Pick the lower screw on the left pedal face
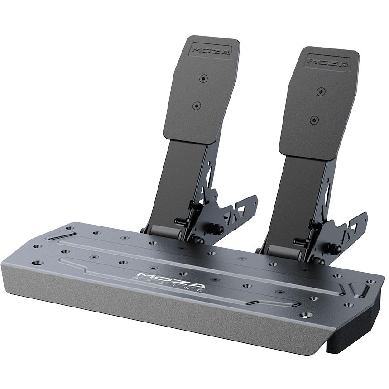[196, 106]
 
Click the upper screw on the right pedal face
[321, 91]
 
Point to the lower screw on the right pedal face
[314, 120]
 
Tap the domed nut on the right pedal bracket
[335, 249]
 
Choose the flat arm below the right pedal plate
[294, 199]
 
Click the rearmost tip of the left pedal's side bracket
[255, 200]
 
